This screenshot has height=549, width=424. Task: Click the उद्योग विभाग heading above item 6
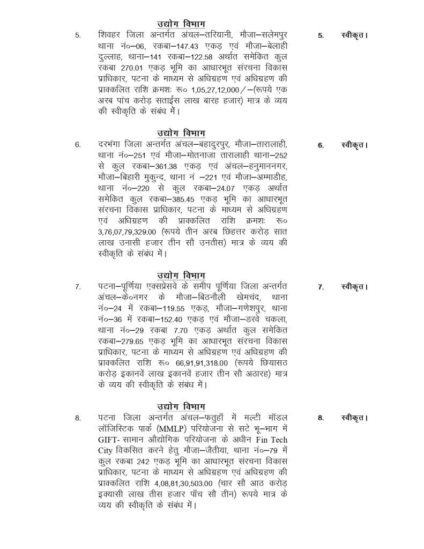[x=181, y=133]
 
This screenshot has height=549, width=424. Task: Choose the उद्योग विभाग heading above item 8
[x=181, y=406]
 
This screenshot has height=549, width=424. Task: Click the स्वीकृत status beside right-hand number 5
[x=354, y=36]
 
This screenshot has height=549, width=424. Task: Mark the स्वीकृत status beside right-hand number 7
[x=354, y=287]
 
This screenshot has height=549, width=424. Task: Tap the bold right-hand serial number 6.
[x=320, y=145]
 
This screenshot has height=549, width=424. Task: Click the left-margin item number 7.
[x=78, y=287]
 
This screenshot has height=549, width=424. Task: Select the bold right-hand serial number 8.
[x=320, y=418]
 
